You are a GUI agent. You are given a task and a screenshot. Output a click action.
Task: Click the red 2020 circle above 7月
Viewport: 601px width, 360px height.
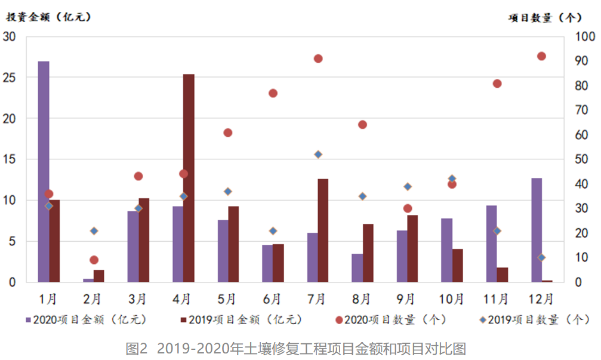click(318, 59)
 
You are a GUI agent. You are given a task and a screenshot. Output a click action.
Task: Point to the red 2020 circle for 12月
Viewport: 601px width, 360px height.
click(541, 56)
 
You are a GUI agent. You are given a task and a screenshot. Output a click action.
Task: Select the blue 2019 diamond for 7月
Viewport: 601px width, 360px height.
click(318, 155)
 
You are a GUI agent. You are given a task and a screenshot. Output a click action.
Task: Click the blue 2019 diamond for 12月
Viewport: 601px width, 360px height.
click(541, 257)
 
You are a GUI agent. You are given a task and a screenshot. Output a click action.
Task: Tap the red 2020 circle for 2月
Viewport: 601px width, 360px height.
click(94, 260)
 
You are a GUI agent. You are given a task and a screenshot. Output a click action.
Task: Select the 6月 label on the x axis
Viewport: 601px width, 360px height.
click(272, 298)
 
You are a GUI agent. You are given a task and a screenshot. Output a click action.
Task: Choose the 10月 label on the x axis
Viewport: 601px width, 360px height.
click(452, 298)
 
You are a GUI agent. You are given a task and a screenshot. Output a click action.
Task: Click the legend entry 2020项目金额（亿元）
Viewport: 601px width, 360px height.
click(90, 320)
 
